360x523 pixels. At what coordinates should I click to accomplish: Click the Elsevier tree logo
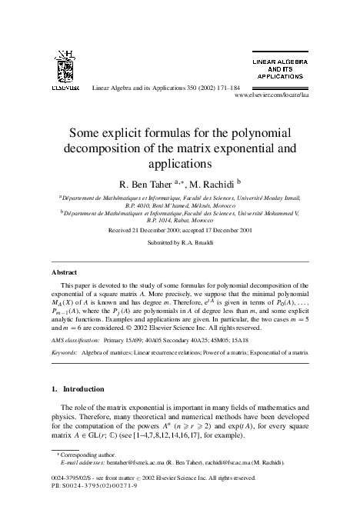[x=66, y=67]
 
